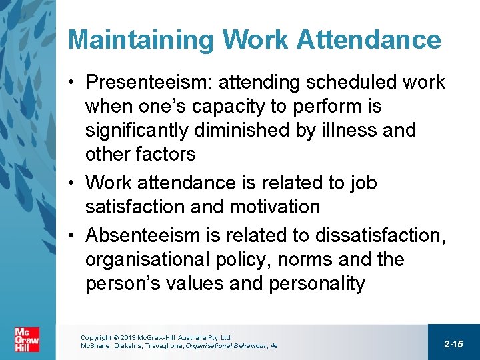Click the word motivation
coord(275,207)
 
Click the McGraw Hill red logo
coord(27,339)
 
